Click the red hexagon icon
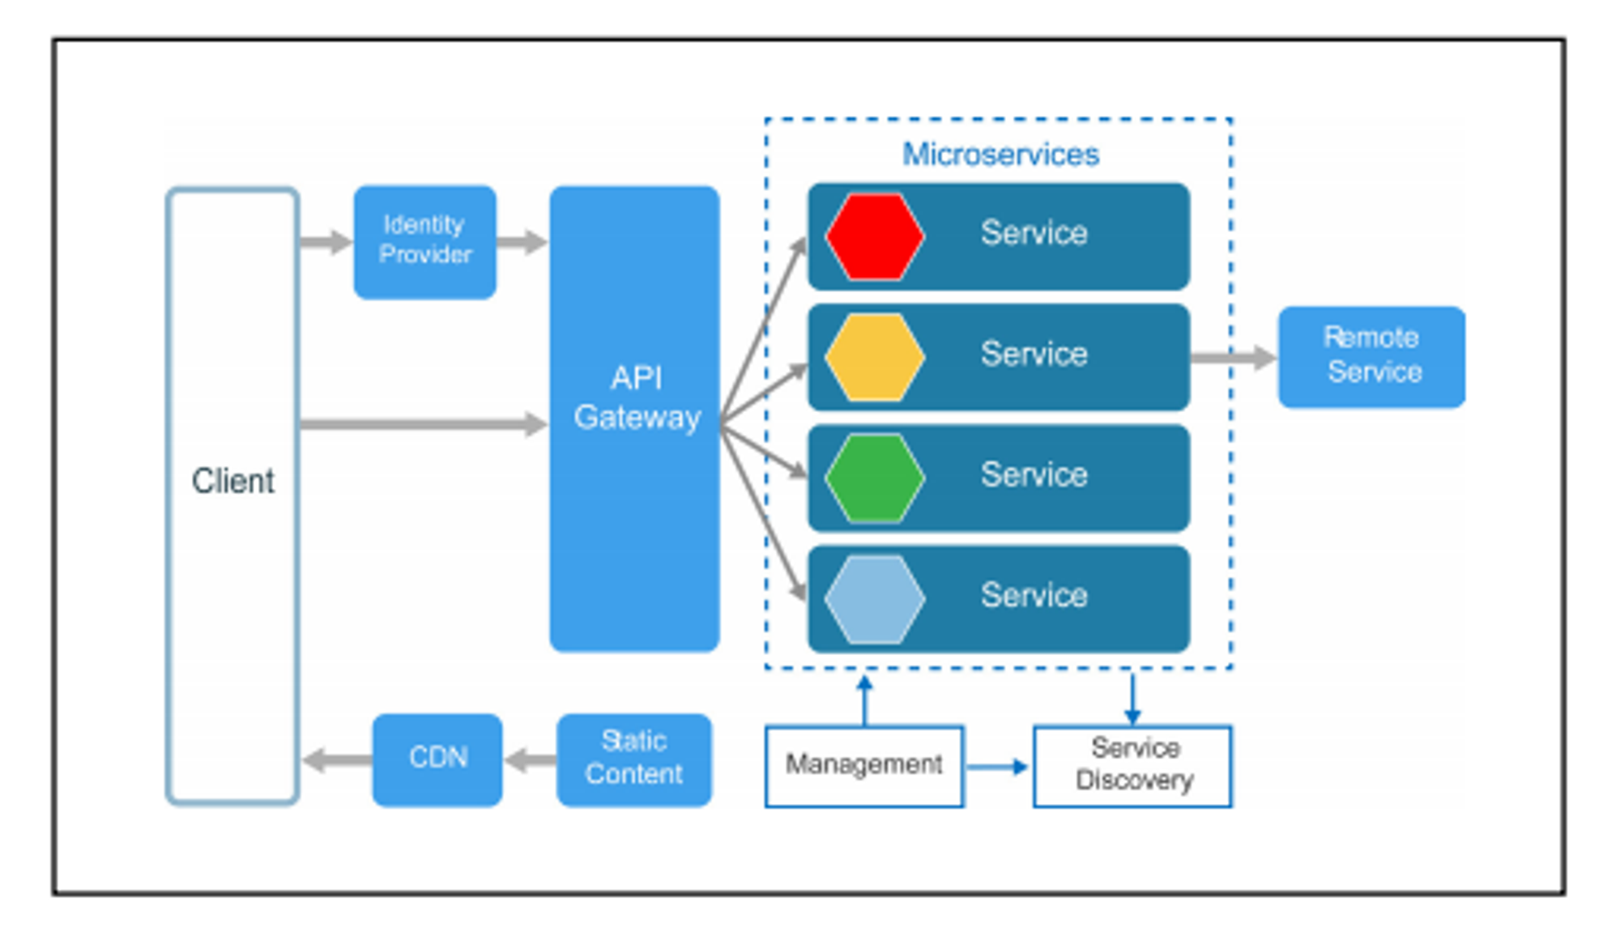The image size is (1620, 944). tap(874, 236)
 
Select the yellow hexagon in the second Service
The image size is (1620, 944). tap(874, 357)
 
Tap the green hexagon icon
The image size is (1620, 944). tap(874, 478)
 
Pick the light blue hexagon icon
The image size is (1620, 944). tap(874, 599)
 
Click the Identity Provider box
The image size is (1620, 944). tap(424, 241)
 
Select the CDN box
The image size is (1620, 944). tap(437, 759)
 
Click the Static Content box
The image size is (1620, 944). tap(634, 759)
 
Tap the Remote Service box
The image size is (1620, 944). tap(1371, 356)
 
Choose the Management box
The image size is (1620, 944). tap(864, 765)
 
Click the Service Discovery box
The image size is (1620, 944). tap(1132, 765)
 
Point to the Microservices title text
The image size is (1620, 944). tap(1000, 154)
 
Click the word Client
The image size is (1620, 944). tap(232, 481)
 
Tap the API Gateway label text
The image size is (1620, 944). tap(637, 398)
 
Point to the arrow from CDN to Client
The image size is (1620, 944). tap(337, 759)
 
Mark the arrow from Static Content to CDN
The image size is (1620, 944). tap(531, 759)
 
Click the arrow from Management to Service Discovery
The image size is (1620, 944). tap(997, 766)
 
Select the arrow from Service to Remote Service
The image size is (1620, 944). tap(1232, 357)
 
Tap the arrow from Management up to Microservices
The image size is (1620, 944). tap(864, 700)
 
